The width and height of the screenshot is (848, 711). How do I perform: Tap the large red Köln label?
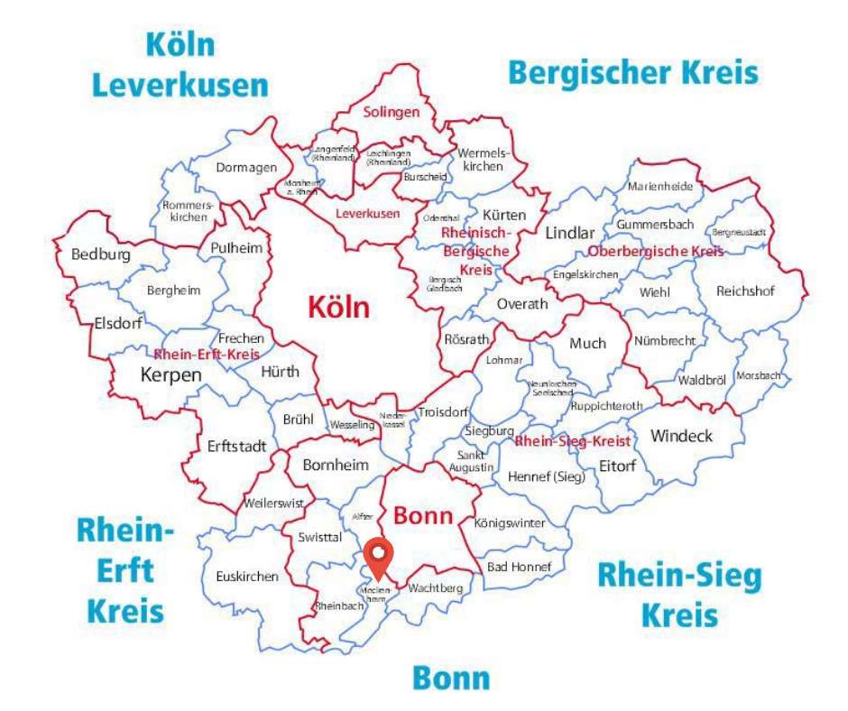(x=338, y=307)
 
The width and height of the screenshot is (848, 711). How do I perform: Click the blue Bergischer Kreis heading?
(x=632, y=72)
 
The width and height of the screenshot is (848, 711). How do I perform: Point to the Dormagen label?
(x=244, y=167)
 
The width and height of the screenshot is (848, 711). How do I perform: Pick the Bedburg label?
(x=100, y=254)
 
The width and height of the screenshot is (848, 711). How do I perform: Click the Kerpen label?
(x=171, y=374)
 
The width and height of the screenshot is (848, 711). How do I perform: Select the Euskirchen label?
(x=247, y=577)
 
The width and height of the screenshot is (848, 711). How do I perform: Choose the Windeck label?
(x=681, y=437)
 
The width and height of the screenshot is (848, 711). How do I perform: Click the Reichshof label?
(x=745, y=291)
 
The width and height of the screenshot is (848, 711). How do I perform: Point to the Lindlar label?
(x=570, y=234)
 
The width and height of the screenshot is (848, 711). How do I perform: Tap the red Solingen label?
(x=392, y=113)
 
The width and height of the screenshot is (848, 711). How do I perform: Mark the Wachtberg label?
(x=435, y=588)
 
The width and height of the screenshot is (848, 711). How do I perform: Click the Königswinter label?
(x=510, y=522)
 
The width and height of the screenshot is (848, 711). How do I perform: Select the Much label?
(x=587, y=344)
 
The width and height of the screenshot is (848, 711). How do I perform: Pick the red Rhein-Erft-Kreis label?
(x=200, y=354)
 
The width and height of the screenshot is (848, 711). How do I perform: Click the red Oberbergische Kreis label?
(x=656, y=251)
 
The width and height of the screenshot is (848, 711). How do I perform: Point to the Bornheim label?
(x=336, y=466)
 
